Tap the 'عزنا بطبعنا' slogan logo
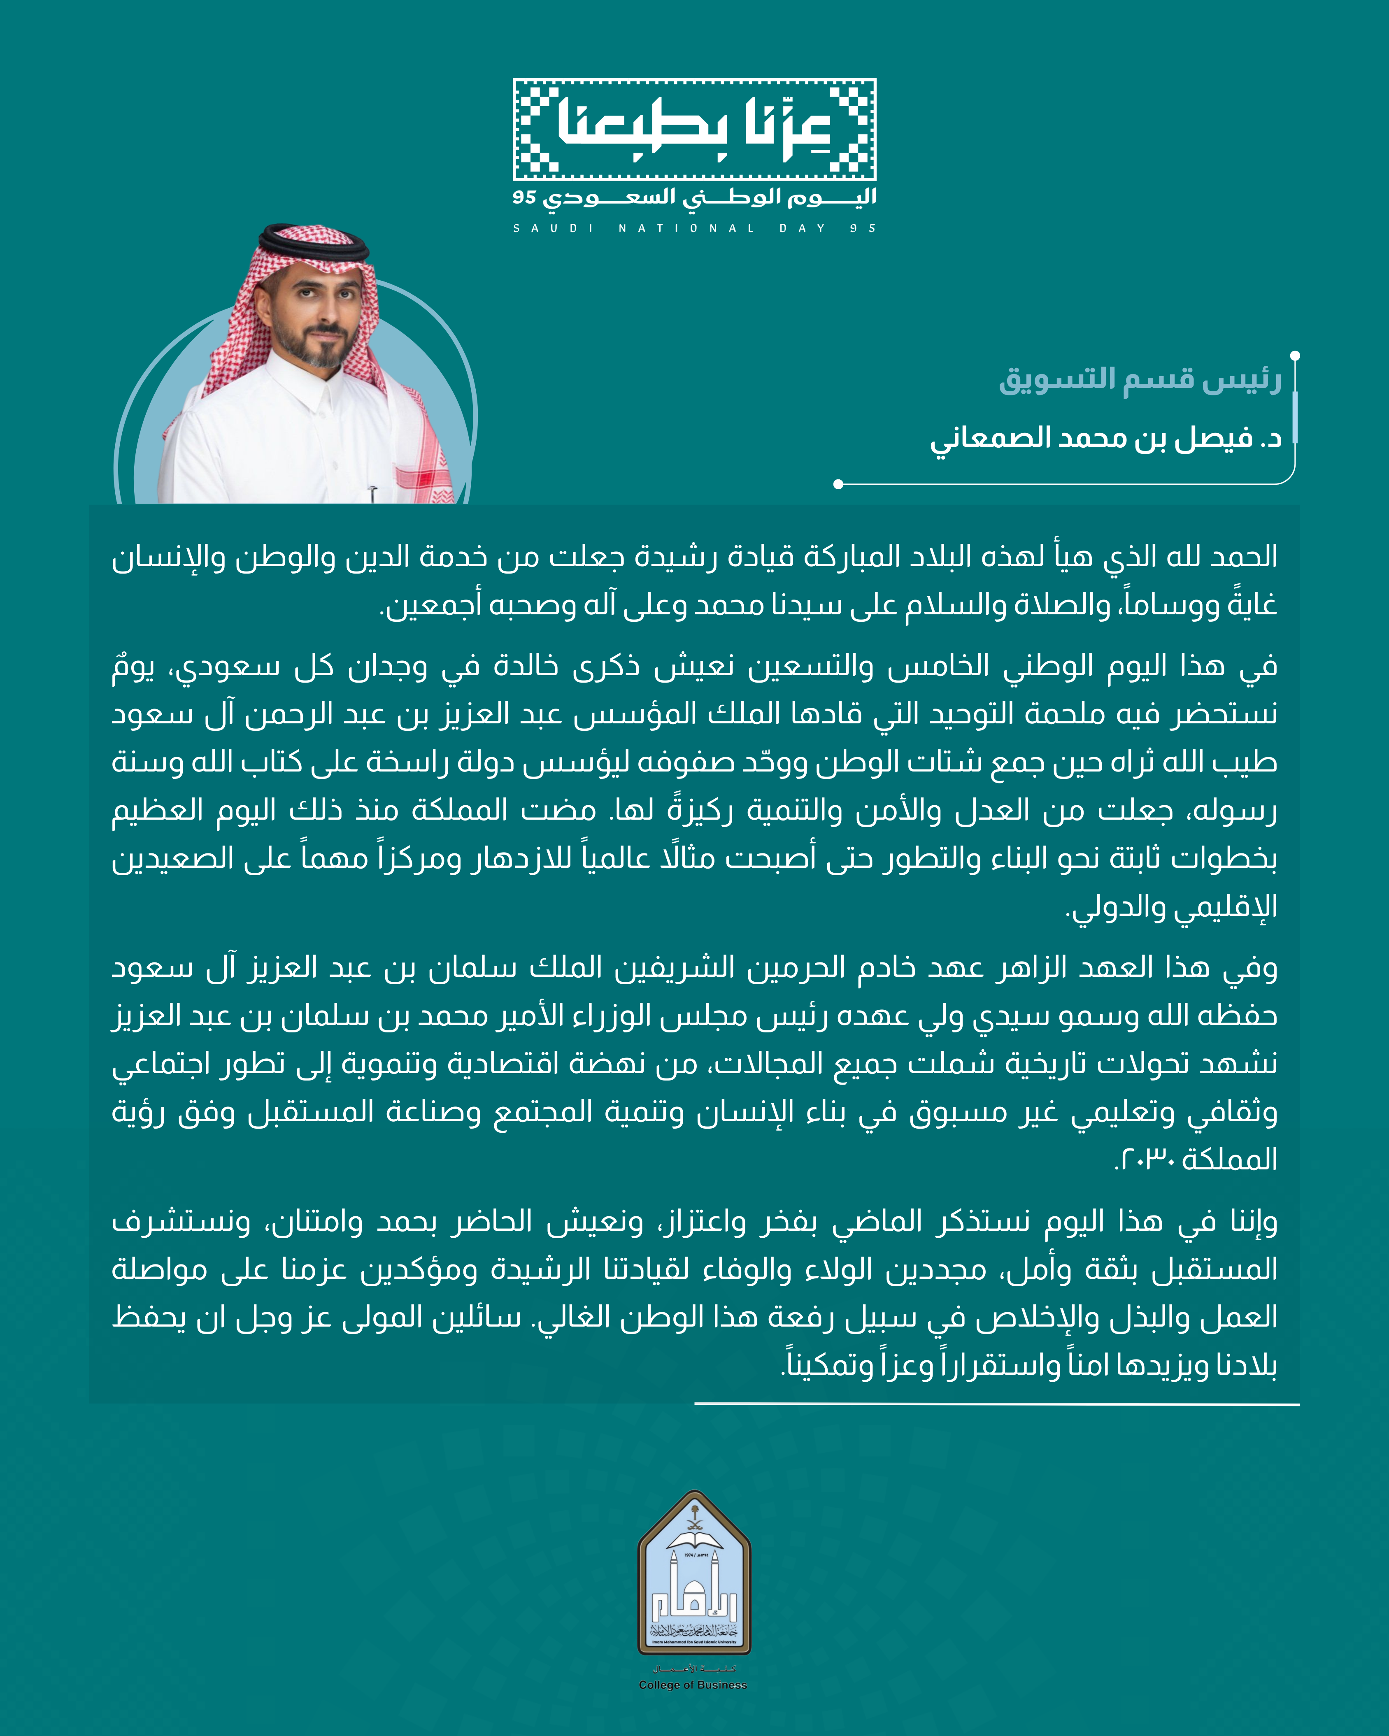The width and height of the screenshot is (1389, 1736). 694,129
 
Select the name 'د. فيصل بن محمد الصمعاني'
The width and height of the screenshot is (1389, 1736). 1105,438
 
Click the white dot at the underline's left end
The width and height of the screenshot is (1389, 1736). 838,484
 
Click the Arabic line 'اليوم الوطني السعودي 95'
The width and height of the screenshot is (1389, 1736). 694,197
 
